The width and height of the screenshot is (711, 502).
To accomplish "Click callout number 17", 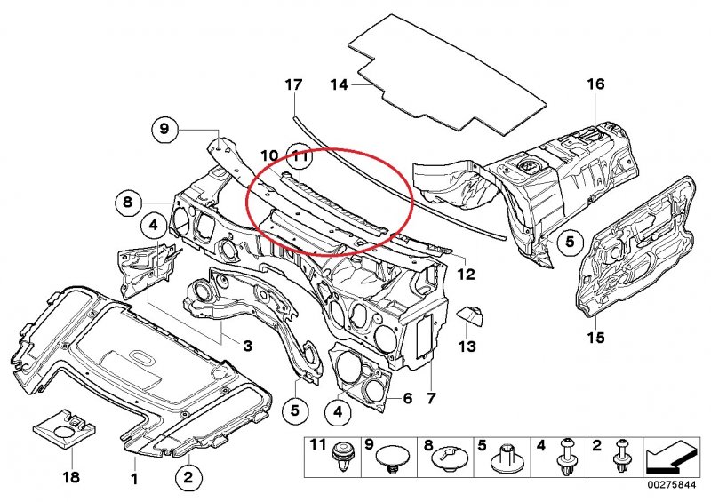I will tap(293, 85).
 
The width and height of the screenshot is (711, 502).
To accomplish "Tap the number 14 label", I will tap(339, 85).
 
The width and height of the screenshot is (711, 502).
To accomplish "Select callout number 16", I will tap(595, 84).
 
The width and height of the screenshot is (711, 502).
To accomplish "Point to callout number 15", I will tap(595, 338).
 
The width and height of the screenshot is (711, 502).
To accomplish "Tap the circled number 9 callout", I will tap(164, 130).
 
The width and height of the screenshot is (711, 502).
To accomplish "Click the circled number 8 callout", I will tap(128, 203).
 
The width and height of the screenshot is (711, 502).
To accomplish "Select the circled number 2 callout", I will tap(188, 478).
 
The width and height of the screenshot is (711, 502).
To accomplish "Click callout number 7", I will tap(431, 401).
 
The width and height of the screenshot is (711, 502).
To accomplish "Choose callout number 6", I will tap(406, 400).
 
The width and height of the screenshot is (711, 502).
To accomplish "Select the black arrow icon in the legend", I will tap(668, 458).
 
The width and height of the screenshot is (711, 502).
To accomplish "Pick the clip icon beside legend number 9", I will tap(390, 460).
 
